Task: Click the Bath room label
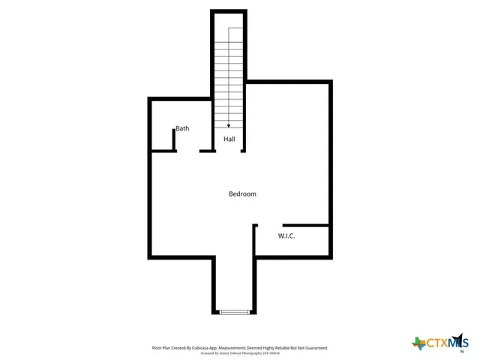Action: pos(182,128)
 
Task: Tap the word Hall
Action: pos(229,139)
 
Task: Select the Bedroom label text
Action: pos(242,194)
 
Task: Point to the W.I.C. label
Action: pos(286,236)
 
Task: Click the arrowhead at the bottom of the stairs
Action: pos(229,126)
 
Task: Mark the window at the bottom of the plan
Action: pos(234,312)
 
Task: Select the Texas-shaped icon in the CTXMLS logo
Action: pos(418,343)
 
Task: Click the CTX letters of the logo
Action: pos(436,343)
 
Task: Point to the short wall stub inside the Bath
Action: pos(174,139)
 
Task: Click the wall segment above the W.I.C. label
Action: pos(306,224)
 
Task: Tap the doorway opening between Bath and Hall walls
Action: pos(187,151)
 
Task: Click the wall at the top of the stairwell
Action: pos(229,11)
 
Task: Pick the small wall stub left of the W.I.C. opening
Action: pos(255,225)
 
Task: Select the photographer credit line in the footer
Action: pos(240,353)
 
